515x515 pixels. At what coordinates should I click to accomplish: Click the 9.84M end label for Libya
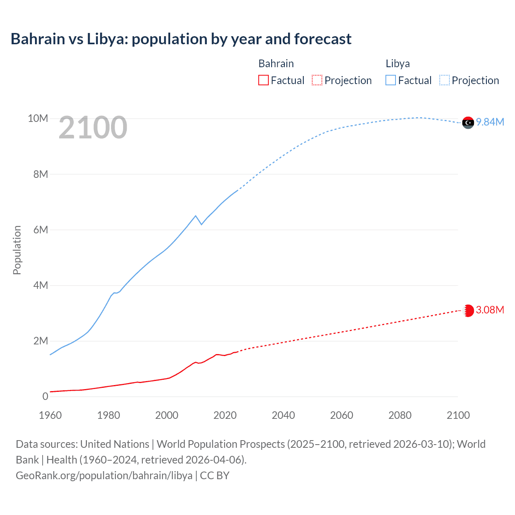coord(490,122)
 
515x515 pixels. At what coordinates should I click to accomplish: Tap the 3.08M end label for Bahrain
coord(490,310)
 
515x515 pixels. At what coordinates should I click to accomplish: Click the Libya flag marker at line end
coord(468,123)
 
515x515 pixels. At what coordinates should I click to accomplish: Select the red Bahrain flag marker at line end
coord(468,311)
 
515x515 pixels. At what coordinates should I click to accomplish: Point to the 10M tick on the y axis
coord(38,118)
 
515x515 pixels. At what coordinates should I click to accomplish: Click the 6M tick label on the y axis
coord(41,230)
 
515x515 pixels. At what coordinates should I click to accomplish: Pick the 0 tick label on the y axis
coord(45,396)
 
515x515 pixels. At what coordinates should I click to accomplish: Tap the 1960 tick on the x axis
coord(50,415)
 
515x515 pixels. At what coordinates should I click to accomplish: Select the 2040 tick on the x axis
coord(283,415)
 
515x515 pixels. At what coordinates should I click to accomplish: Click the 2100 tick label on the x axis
coord(458,415)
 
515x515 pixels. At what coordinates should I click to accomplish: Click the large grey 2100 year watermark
coord(93,128)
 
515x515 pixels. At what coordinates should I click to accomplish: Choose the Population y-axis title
coord(17,250)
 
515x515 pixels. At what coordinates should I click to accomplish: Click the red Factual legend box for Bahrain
coord(264,80)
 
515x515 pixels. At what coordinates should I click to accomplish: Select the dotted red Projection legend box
coord(317,80)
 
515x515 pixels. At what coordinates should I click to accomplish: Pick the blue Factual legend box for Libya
coord(391,80)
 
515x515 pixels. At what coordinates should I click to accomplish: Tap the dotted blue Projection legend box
coord(445,80)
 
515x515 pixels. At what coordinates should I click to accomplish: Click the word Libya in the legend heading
coord(398,64)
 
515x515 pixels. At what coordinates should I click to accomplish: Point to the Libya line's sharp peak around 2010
coord(196,216)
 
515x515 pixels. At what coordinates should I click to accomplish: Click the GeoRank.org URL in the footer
coord(104,475)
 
